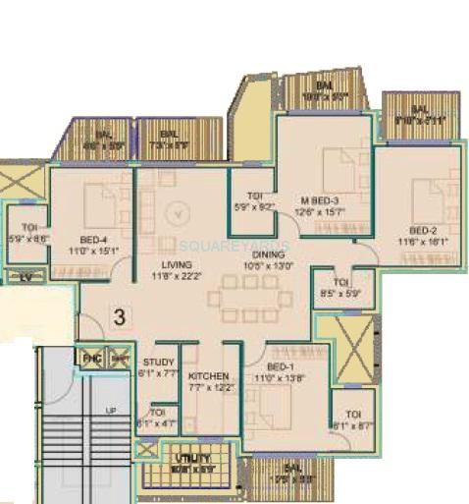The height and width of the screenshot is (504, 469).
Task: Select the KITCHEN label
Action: point(208,376)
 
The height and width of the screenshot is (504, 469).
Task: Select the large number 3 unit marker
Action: point(118,316)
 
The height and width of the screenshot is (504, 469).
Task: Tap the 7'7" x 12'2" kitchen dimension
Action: point(209,388)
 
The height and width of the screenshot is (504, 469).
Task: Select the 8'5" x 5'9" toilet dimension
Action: point(339,292)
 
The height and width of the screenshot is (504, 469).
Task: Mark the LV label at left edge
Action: point(26,277)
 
